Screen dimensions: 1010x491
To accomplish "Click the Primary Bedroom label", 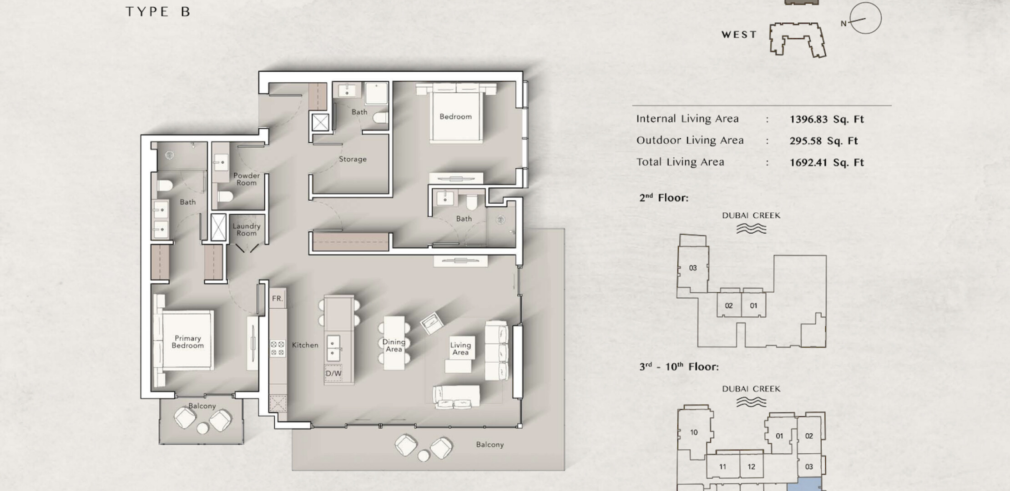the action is coord(187,342).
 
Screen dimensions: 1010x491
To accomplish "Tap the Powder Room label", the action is coord(247,179).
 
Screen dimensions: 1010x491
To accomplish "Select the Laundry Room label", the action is coord(247,230).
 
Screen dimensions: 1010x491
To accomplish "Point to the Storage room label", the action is coord(353,159).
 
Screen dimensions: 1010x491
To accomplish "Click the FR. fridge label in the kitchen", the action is coord(278,299).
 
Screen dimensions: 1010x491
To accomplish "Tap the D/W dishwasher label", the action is coord(333,373).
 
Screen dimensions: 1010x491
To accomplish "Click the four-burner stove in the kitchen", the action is coord(278,348).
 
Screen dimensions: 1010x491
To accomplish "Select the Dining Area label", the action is coord(394,346).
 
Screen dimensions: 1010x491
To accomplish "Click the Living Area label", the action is coord(460,349).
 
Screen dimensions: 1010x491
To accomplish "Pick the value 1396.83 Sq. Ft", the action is coord(827,119).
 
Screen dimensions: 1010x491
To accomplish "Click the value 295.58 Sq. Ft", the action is coord(823,141).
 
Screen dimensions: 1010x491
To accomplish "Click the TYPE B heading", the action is coord(158,12).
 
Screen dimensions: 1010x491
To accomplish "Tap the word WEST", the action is coord(739,35).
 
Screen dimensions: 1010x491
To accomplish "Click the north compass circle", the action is coord(865,18).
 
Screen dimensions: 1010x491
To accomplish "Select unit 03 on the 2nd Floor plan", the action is coord(693,268).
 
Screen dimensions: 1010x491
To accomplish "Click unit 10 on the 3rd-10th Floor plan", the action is coord(694,432).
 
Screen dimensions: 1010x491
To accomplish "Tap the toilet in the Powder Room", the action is coord(225,196).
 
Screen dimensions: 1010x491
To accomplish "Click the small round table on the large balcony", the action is coord(424,456).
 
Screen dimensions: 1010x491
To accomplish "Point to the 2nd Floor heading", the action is coord(664,198).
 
